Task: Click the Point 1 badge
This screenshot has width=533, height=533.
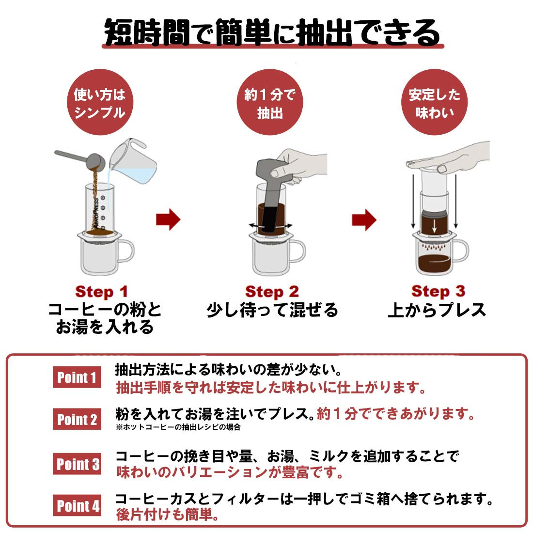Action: (77, 377)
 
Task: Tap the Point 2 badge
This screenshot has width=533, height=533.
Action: (77, 419)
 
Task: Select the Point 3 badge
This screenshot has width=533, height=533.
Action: (77, 464)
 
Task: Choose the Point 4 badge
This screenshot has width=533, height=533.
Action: (77, 505)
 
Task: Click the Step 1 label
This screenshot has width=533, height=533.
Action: (101, 292)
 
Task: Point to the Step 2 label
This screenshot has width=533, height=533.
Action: (272, 292)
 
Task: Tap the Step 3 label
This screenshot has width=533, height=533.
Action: (438, 291)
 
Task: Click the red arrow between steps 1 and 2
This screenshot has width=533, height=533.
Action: (168, 219)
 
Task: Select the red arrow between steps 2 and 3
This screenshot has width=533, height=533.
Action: (364, 219)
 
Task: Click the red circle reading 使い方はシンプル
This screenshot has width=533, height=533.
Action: (100, 102)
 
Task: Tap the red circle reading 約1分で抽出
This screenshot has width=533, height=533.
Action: (269, 102)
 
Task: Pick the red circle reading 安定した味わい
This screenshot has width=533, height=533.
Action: (435, 102)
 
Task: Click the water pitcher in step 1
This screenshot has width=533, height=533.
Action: (133, 162)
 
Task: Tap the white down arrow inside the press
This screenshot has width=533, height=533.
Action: (434, 226)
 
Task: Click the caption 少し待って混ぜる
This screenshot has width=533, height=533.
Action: (272, 310)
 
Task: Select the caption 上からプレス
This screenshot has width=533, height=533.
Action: (437, 310)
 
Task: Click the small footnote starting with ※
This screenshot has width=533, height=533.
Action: (178, 427)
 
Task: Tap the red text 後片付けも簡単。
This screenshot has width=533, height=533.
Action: (167, 514)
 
